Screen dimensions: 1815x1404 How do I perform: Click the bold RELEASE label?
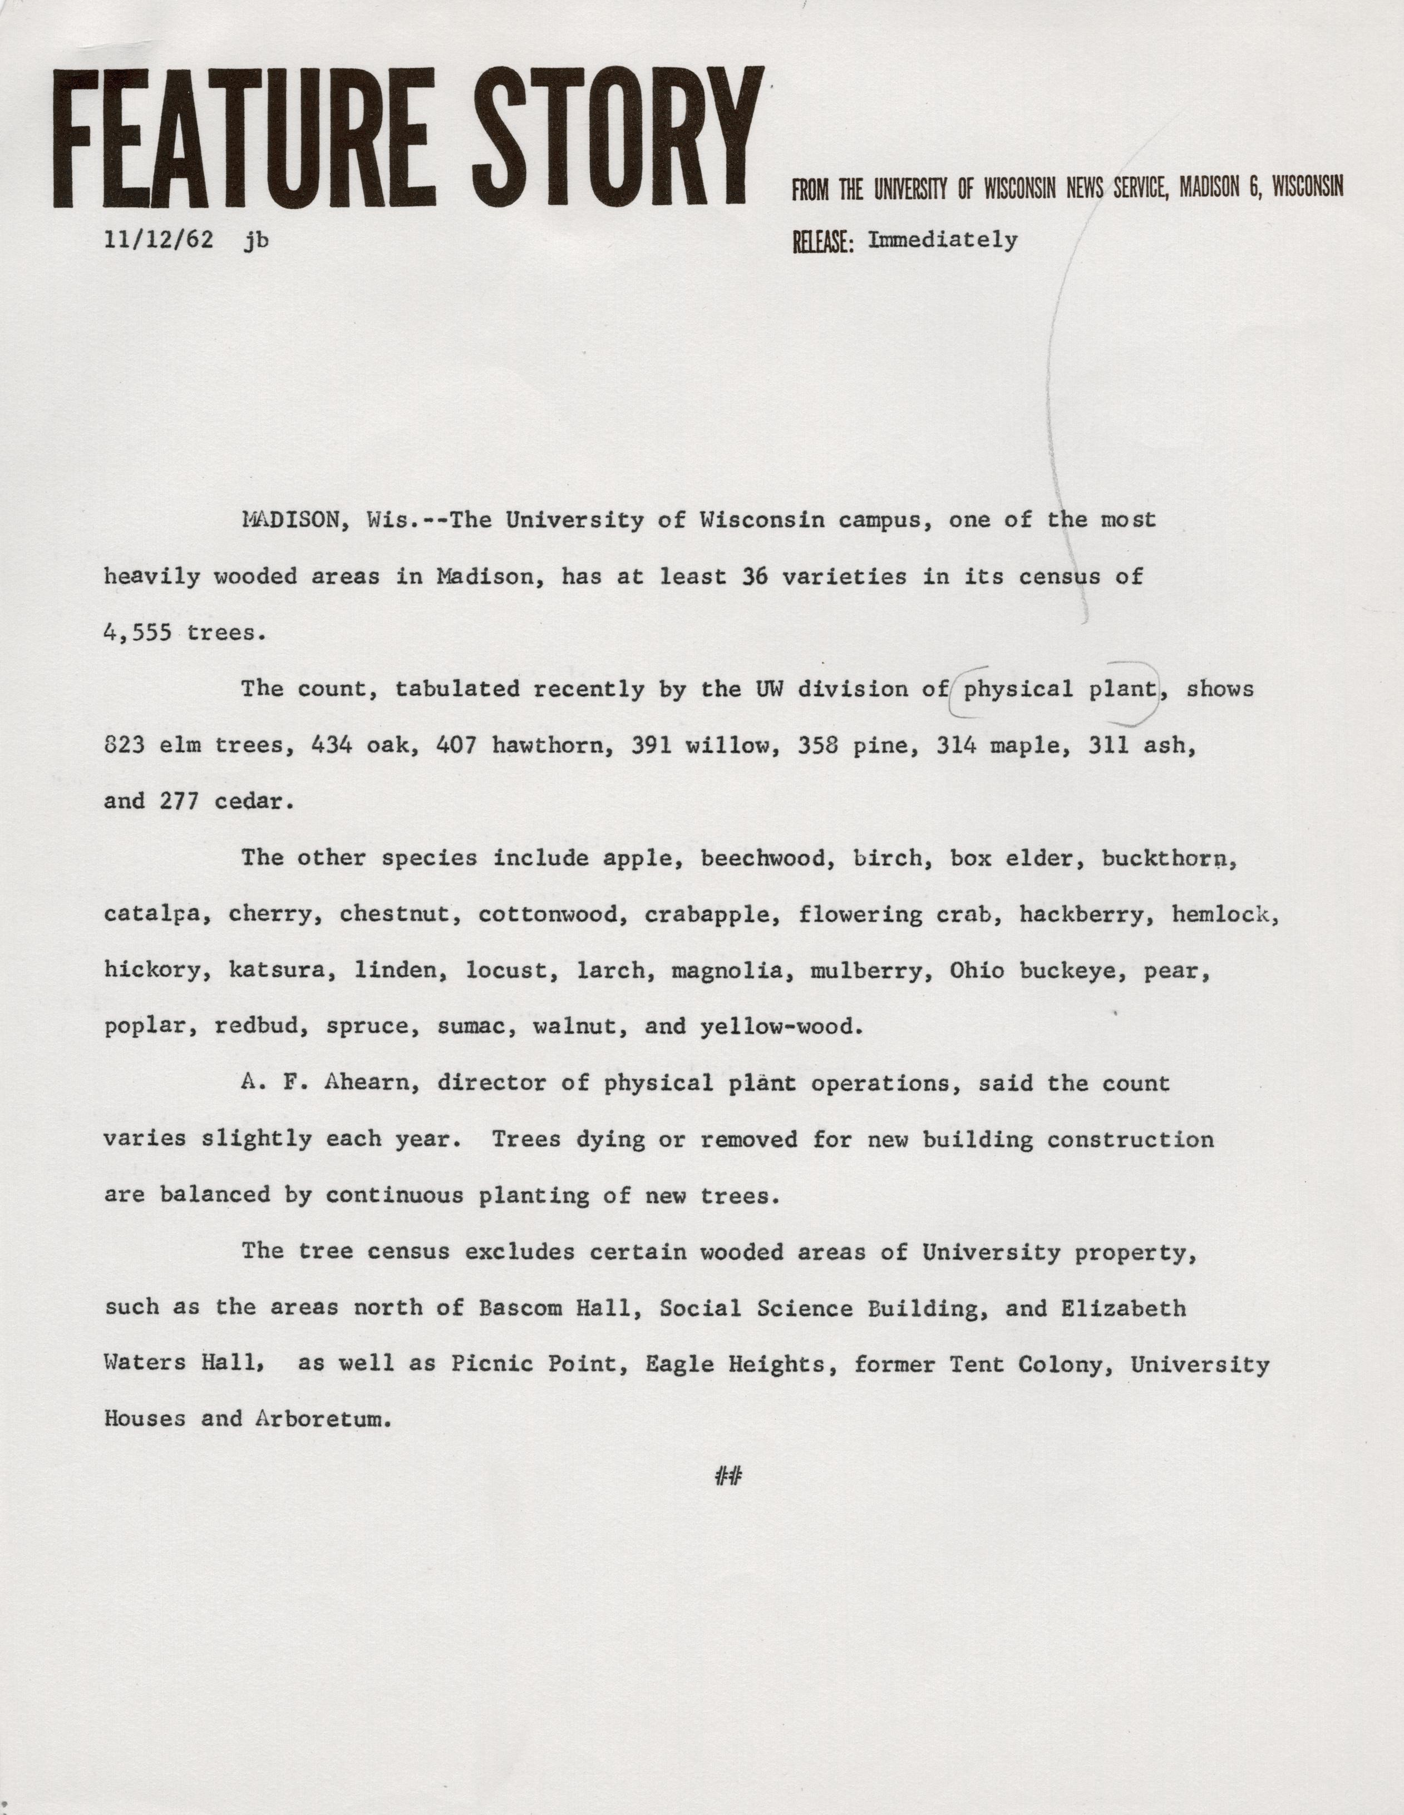823,241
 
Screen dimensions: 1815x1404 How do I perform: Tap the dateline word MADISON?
290,520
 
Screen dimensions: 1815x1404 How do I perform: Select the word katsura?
276,971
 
